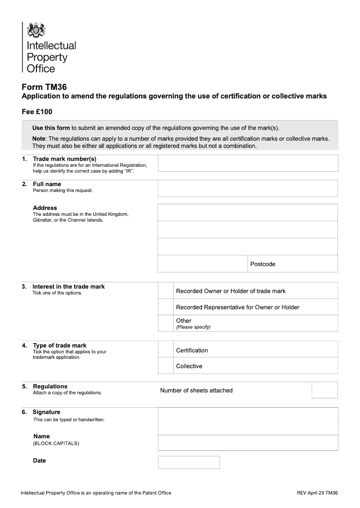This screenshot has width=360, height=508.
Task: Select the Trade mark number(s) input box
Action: pyautogui.click(x=247, y=163)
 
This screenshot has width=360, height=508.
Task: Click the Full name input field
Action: pyautogui.click(x=247, y=188)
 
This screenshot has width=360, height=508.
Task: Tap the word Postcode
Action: pyautogui.click(x=263, y=264)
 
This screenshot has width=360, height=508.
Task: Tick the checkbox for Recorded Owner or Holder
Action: pyautogui.click(x=166, y=291)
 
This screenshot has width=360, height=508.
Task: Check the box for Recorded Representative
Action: pyautogui.click(x=166, y=307)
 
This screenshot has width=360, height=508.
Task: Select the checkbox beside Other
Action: pyautogui.click(x=166, y=323)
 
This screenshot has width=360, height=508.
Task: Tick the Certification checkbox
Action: pyautogui.click(x=166, y=349)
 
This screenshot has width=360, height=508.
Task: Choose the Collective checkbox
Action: pyautogui.click(x=166, y=365)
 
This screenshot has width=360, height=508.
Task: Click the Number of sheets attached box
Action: pyautogui.click(x=324, y=390)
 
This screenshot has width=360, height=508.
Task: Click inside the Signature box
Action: pyautogui.click(x=247, y=421)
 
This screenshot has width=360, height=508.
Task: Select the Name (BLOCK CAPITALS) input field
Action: pyautogui.click(x=247, y=443)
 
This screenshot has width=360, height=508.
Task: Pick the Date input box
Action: pyautogui.click(x=189, y=462)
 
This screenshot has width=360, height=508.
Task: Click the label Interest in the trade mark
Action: pyautogui.click(x=68, y=286)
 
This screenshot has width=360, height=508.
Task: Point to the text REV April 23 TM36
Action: pyautogui.click(x=317, y=493)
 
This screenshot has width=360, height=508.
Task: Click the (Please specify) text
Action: pyautogui.click(x=193, y=327)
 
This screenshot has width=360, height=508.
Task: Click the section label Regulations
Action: pyautogui.click(x=50, y=386)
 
